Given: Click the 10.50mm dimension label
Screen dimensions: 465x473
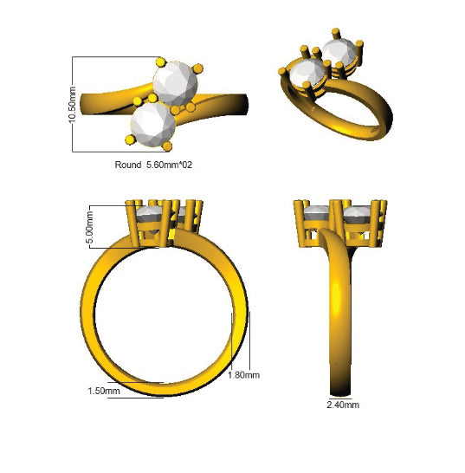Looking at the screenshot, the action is [x=72, y=105].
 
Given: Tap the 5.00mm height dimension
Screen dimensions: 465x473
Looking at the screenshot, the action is [x=90, y=227].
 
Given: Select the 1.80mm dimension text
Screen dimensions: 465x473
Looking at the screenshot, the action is [x=243, y=375].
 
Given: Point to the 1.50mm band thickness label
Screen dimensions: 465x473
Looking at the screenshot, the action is [x=104, y=391].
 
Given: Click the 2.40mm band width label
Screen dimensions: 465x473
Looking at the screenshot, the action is [x=343, y=405].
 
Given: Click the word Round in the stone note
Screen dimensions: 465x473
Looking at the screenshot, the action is [x=128, y=165].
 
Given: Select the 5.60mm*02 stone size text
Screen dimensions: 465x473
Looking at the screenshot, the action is [x=169, y=165].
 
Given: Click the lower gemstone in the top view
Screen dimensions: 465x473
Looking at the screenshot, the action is [x=153, y=125].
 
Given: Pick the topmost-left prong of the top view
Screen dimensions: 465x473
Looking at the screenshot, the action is [x=161, y=62].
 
